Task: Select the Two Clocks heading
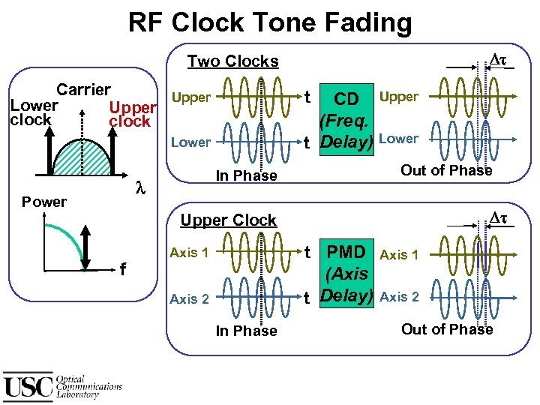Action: [232, 61]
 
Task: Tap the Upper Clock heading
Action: [229, 220]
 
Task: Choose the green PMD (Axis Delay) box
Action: [346, 273]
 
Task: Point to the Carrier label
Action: [84, 90]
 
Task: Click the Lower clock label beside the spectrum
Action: [31, 113]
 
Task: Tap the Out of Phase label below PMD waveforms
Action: [447, 329]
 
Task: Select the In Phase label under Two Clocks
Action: [246, 175]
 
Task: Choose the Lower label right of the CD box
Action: [399, 138]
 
